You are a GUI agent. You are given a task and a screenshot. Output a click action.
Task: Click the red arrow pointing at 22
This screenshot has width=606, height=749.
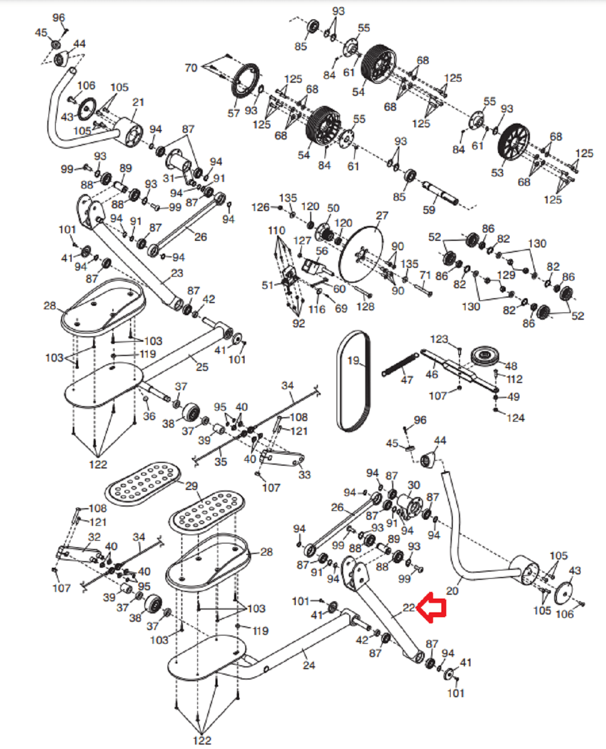tap(431, 607)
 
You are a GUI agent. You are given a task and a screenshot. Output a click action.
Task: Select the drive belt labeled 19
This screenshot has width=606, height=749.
tap(354, 381)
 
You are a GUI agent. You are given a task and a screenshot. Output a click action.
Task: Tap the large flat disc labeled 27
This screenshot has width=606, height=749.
tap(362, 254)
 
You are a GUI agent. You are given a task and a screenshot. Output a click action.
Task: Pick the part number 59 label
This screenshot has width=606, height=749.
tap(429, 210)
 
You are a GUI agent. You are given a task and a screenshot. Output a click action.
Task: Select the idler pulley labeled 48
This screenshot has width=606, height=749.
tap(486, 357)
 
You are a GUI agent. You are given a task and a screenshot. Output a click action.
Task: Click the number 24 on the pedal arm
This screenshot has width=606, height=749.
tap(309, 665)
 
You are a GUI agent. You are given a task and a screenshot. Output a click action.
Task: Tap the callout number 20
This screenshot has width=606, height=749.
tap(452, 591)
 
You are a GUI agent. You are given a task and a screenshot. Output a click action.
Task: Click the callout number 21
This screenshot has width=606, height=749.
tap(138, 102)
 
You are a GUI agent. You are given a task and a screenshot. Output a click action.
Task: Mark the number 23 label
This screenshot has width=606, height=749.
tap(177, 273)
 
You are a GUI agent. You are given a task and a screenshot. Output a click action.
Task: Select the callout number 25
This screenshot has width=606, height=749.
tap(202, 367)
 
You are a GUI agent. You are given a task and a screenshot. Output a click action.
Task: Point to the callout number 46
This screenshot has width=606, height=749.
tap(432, 374)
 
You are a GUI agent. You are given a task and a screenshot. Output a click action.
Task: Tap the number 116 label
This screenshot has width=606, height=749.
tap(317, 309)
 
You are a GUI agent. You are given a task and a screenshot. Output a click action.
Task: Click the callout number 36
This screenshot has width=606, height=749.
tap(149, 416)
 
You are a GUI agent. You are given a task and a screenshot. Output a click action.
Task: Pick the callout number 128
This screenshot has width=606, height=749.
tap(366, 306)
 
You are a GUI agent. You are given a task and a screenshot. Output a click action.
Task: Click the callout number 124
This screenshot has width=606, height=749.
tap(516, 418)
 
